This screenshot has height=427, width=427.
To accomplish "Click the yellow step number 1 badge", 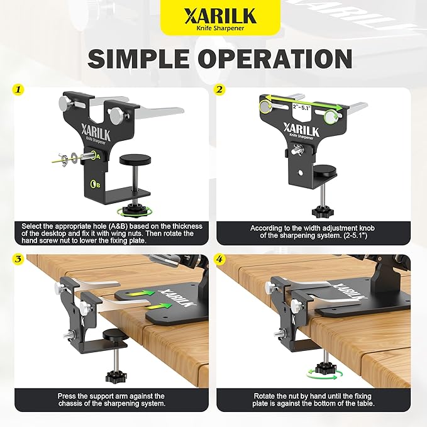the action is pos(18,89).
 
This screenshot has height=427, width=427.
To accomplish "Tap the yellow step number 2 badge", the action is pos(219,89).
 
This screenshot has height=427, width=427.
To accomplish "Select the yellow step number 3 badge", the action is pos(18,259).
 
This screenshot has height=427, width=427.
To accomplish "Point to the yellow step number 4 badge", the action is pos(219,259).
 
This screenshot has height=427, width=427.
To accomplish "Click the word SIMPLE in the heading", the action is pos(138,58).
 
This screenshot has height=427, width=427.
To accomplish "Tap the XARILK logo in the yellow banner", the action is pos(220,16).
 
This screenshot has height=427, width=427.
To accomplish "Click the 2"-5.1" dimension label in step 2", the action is pos(301,107).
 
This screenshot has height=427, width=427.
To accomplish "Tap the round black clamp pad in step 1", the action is pos(135,159).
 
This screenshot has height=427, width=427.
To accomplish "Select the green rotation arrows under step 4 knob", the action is pos(323,374).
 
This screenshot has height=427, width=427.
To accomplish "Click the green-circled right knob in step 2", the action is pos(332,116).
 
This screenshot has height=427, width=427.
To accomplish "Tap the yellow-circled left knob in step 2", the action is pos(265,106).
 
